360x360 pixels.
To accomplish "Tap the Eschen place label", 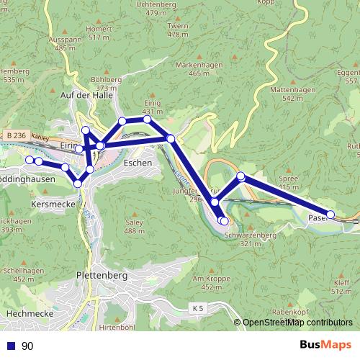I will (x=138, y=163).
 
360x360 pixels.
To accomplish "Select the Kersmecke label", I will (x=50, y=204).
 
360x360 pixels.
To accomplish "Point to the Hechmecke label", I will (x=27, y=314).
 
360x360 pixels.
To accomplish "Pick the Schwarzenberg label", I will (x=250, y=235).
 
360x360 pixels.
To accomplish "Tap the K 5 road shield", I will (x=198, y=308).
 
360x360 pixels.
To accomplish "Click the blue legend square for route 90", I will (x=11, y=346).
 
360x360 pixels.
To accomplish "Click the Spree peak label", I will (x=288, y=178).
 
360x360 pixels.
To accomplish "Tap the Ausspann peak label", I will (x=64, y=40).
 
